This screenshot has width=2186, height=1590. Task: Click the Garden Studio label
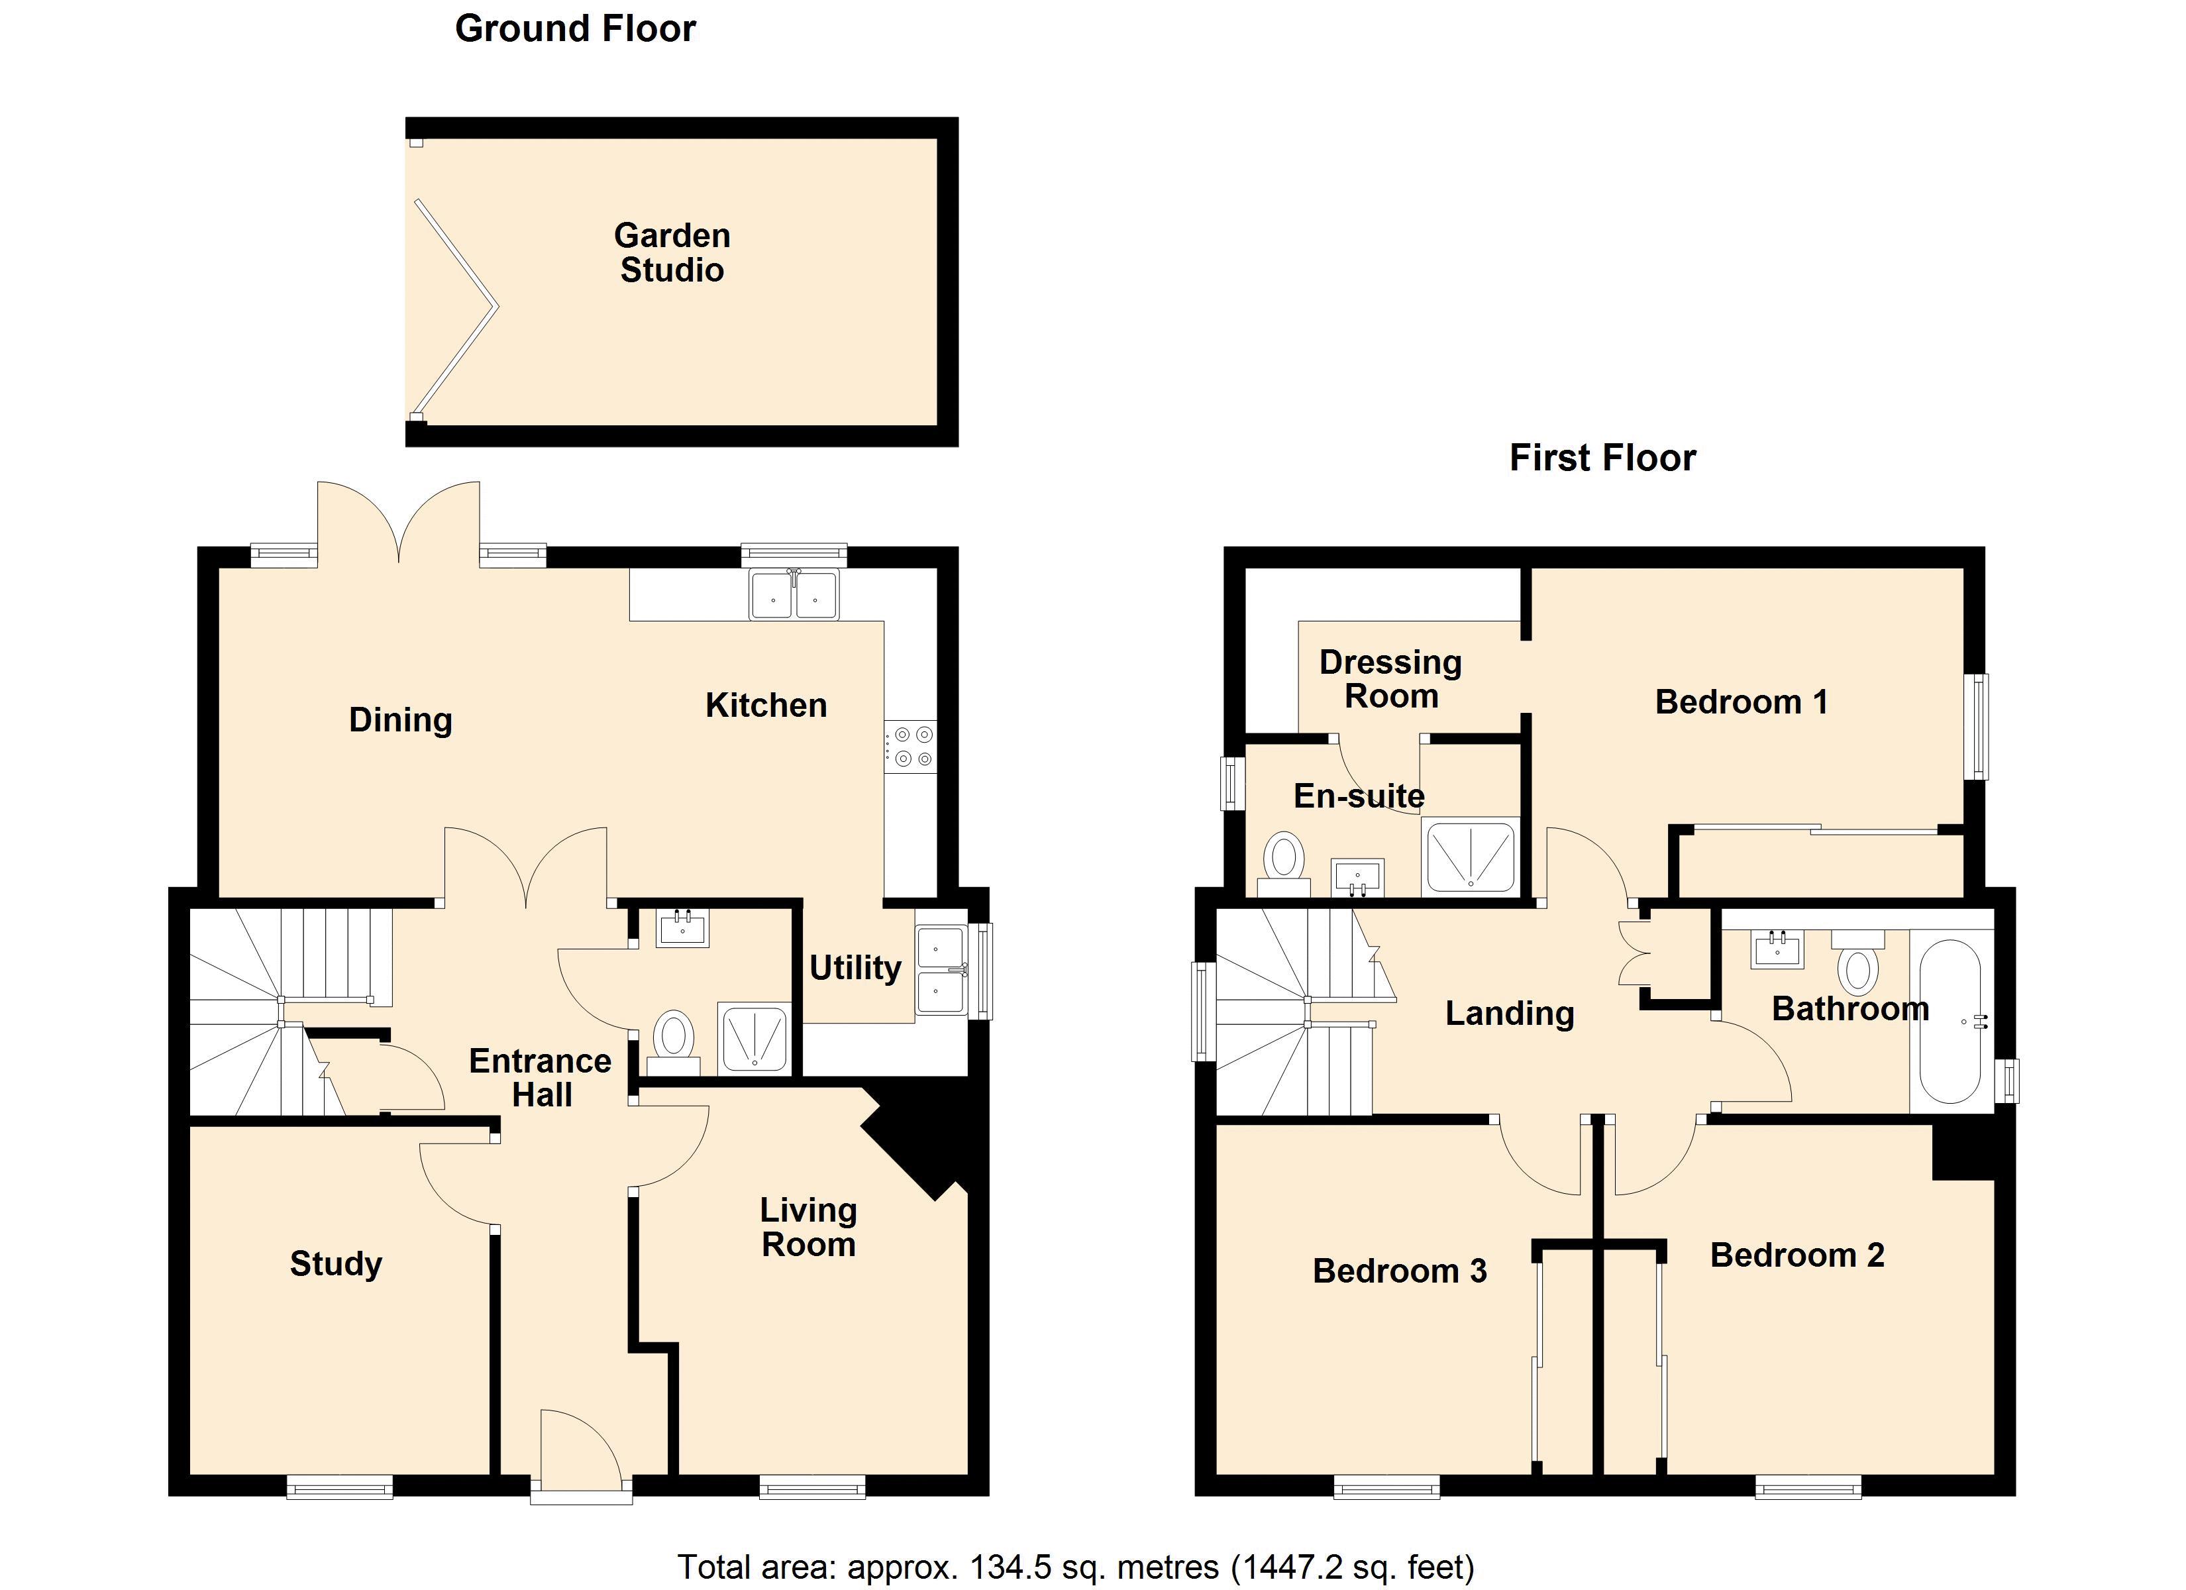coord(672,252)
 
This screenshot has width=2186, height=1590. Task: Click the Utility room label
coord(855,967)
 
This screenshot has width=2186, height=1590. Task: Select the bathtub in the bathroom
coord(1951,1021)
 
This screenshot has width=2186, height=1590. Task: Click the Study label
coord(335,1263)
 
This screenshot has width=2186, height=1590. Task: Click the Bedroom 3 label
coord(1400,1271)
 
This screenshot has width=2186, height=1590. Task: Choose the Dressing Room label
coord(1391,679)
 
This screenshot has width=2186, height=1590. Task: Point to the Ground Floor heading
coord(576,29)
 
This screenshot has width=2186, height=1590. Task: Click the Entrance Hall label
coord(541,1078)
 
